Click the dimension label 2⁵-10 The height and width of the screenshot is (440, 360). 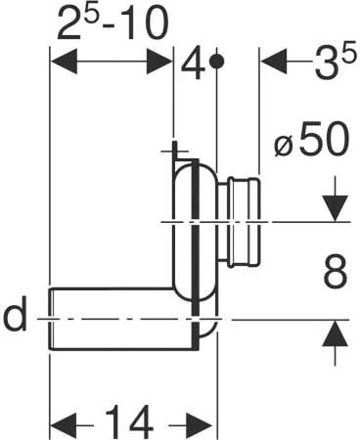tap(112, 22)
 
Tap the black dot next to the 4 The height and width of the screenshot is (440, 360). tap(216, 61)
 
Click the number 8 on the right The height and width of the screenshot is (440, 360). tap(336, 272)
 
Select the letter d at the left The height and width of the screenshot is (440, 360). tap(15, 313)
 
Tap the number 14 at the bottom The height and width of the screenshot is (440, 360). tap(129, 422)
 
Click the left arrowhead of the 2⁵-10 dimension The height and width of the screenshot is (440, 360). tap(65, 61)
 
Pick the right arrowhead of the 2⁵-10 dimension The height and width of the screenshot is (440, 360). tap(159, 61)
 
